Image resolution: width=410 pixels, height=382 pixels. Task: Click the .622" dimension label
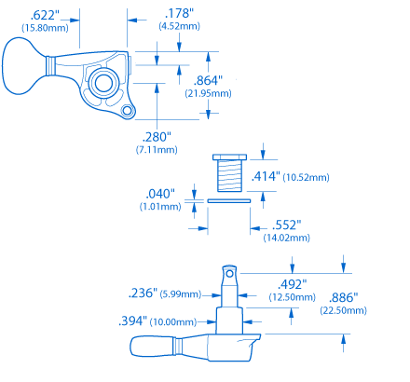(45, 15)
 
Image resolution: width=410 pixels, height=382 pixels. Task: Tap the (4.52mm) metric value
(179, 26)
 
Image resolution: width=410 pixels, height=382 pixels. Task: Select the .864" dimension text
(208, 80)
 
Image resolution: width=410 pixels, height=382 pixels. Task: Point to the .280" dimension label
(157, 137)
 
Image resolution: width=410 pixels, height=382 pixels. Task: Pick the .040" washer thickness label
(160, 194)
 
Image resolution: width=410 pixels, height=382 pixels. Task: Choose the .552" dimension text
(286, 225)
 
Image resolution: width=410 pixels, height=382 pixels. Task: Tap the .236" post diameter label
(143, 293)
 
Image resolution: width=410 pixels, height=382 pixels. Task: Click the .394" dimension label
(133, 321)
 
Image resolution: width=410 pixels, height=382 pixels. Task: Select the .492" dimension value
(292, 284)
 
